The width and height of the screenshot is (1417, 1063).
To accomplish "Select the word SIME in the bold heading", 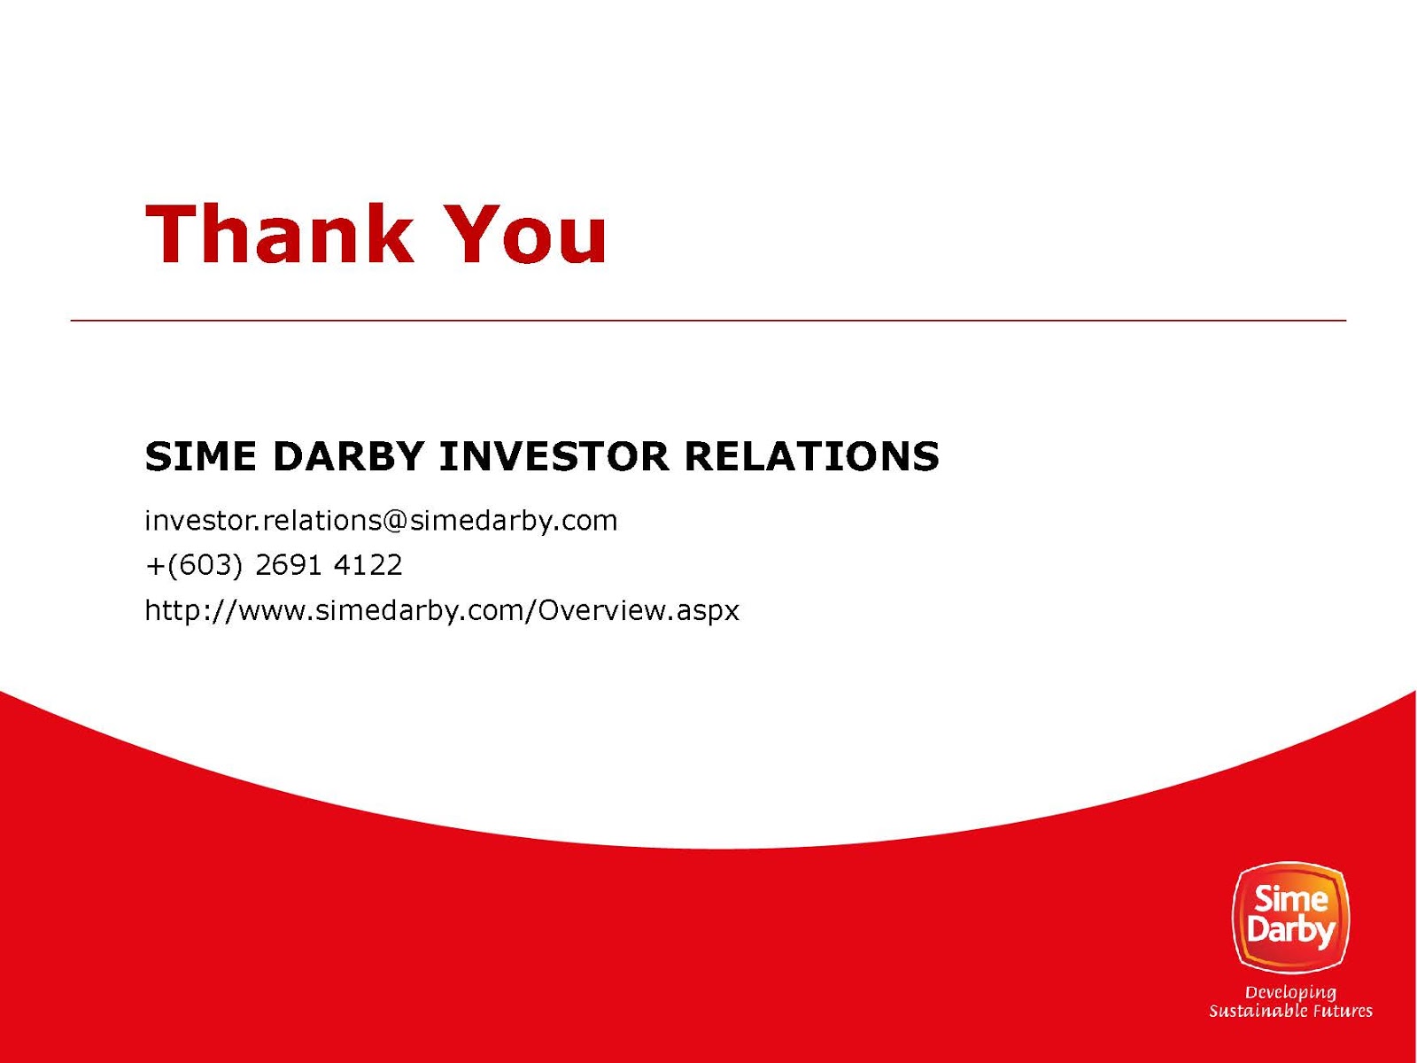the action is [x=200, y=456].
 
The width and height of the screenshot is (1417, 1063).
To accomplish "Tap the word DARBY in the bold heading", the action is [x=348, y=456].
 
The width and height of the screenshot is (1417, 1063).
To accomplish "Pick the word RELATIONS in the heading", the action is [x=812, y=456].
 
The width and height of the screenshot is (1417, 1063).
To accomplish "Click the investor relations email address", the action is [x=381, y=521].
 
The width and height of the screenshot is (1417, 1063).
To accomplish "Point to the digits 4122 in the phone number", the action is [x=368, y=565].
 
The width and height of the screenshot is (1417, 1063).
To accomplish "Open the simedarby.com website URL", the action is [x=442, y=610].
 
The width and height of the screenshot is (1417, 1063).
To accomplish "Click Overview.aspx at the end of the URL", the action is [x=639, y=610].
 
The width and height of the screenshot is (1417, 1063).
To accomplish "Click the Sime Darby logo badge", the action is [x=1290, y=918].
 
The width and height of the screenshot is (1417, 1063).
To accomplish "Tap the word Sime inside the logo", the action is [x=1291, y=897].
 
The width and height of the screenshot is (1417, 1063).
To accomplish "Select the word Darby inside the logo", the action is [x=1290, y=932].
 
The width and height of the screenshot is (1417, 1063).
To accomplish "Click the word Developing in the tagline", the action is [x=1290, y=993].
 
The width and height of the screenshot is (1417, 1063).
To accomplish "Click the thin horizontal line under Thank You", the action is [x=708, y=320].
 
